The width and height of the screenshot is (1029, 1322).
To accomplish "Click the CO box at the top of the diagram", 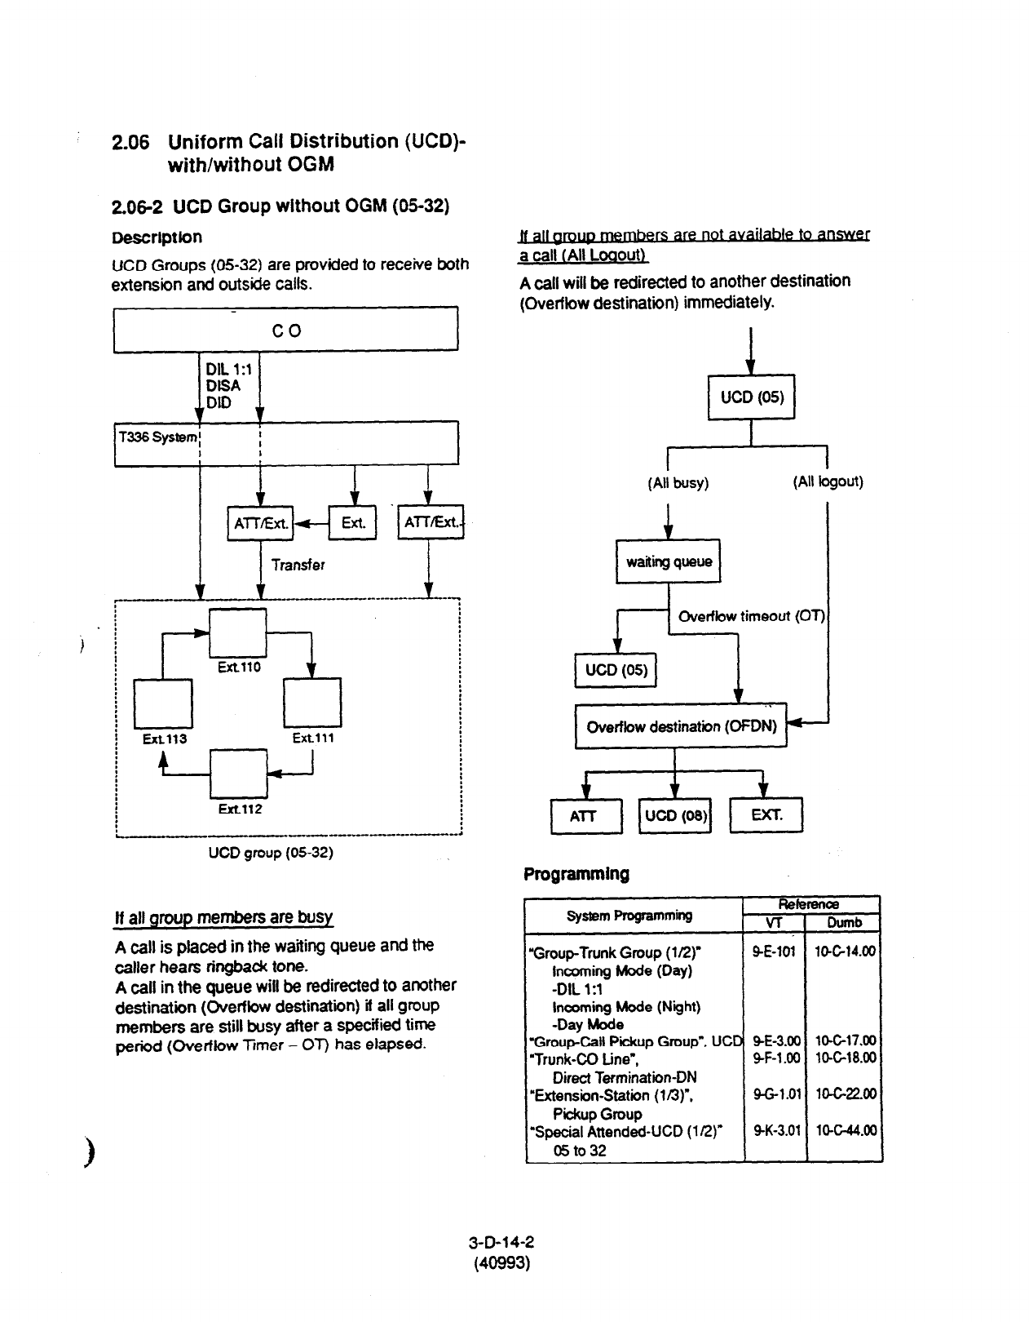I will point(285,330).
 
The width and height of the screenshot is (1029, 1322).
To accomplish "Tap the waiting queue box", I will point(668,561).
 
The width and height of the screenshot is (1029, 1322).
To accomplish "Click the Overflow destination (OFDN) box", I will point(681,725).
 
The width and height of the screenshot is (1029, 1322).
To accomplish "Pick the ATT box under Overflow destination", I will point(585,814).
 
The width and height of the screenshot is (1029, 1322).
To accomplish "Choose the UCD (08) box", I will point(676,814).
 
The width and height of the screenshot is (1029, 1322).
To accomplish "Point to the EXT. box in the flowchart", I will point(766,814).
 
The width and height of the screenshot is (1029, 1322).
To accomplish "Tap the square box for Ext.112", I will point(238,773).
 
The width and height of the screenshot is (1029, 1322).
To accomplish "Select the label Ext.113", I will point(165,739).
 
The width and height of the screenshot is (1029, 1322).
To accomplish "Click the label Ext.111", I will point(313,738).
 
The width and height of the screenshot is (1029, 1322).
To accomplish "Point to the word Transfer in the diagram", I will point(298,565).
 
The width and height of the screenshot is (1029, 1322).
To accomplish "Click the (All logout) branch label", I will point(828,481).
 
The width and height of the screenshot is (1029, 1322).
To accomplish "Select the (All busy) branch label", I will point(678,483).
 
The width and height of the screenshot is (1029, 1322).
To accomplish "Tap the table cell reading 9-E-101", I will point(774,952).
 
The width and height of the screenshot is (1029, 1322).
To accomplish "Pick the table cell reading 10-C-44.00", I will point(846,1131).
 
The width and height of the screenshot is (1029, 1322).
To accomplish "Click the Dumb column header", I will point(844,923).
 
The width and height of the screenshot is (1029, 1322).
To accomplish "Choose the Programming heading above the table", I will point(576,874).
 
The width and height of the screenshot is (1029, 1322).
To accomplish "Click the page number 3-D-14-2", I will point(501,1244).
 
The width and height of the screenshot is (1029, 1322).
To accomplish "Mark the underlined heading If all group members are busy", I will point(223,916).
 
